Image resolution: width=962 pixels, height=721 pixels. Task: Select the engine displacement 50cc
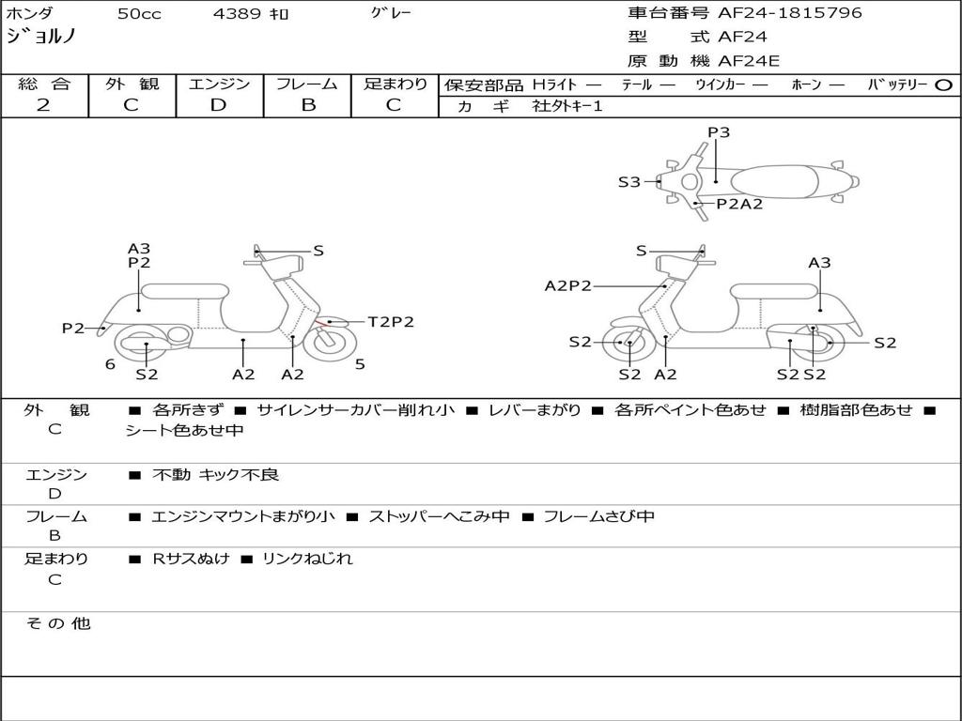[139, 14]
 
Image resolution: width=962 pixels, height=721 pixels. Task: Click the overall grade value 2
[43, 104]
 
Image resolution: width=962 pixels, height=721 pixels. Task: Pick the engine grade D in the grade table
[218, 104]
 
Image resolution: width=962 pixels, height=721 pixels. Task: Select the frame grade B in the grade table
[307, 104]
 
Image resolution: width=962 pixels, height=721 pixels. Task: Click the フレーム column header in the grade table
[307, 84]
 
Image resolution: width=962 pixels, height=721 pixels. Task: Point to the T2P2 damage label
[390, 322]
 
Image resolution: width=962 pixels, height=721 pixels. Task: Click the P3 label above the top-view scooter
[719, 132]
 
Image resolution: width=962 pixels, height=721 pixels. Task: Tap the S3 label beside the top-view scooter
[628, 182]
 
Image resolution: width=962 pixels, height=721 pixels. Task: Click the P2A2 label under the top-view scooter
[739, 204]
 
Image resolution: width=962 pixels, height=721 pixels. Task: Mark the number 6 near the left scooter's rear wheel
[110, 364]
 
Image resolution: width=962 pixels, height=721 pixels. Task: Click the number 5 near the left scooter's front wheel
[360, 364]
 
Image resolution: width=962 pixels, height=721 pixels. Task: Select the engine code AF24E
[749, 62]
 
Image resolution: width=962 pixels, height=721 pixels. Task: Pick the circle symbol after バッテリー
[944, 84]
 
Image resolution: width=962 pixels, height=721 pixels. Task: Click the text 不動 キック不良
[215, 475]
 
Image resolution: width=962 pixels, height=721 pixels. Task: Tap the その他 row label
[57, 623]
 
